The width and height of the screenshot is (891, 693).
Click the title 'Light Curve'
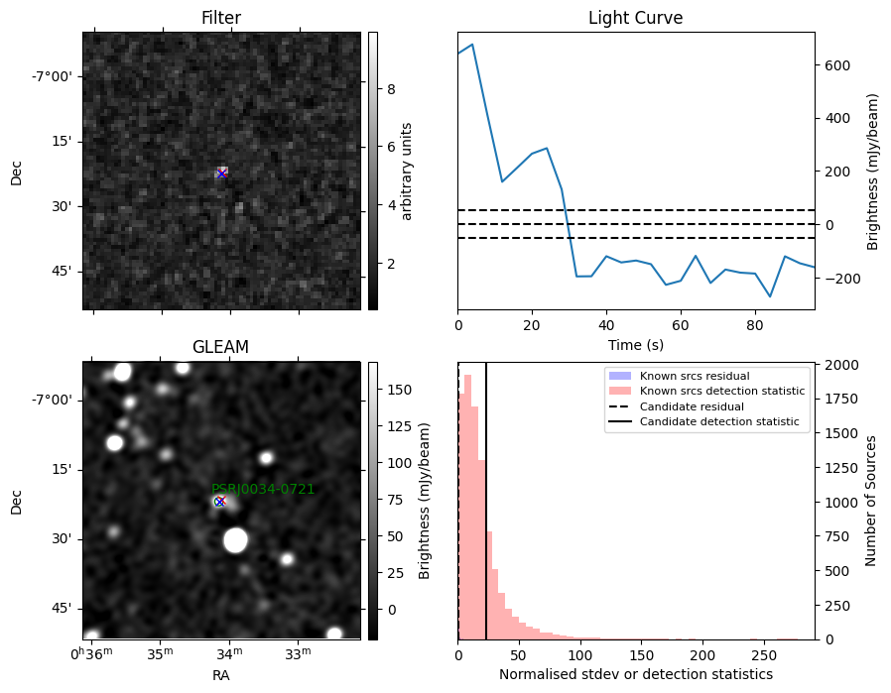click(635, 18)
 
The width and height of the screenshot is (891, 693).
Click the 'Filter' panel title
click(221, 18)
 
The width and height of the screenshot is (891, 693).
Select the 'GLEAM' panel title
click(221, 347)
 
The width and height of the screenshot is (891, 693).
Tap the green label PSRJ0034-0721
click(263, 489)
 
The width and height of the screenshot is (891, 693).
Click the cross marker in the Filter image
click(221, 173)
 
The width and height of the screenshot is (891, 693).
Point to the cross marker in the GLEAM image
click(220, 502)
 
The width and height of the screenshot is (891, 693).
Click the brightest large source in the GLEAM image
click(235, 539)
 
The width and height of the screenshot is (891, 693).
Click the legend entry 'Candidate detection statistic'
click(719, 421)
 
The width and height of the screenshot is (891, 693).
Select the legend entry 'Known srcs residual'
click(695, 376)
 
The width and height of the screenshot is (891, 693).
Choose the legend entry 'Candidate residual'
click(692, 406)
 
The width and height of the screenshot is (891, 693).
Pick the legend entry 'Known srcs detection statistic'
click(722, 391)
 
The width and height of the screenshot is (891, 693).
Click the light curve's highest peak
click(472, 45)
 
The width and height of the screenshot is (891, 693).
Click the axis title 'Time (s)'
click(636, 344)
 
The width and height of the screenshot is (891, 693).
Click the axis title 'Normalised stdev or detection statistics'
click(636, 674)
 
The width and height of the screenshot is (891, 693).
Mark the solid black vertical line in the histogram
click(486, 502)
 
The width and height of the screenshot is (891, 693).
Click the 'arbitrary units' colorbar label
click(406, 172)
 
